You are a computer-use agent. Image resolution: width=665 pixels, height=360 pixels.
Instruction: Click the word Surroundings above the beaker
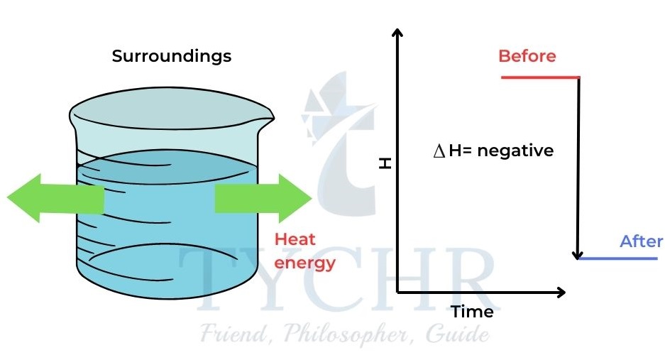pyautogui.click(x=172, y=56)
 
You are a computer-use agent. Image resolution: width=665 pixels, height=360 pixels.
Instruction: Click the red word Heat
pyautogui.click(x=295, y=240)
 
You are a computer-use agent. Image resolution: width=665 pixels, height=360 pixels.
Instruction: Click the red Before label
pyautogui.click(x=527, y=56)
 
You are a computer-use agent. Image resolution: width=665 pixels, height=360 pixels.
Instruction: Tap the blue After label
pyautogui.click(x=641, y=241)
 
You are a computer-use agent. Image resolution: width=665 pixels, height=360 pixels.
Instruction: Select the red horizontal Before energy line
pyautogui.click(x=539, y=77)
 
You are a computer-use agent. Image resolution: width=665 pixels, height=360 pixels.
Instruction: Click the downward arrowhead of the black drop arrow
pyautogui.click(x=579, y=253)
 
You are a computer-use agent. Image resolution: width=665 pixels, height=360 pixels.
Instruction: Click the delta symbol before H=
pyautogui.click(x=438, y=152)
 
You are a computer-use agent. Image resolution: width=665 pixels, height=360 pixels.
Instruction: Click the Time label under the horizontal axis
pyautogui.click(x=472, y=311)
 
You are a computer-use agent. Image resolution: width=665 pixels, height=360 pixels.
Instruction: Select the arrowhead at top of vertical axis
pyautogui.click(x=397, y=33)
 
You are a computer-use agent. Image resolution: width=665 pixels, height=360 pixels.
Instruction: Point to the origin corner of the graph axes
pyautogui.click(x=398, y=292)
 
